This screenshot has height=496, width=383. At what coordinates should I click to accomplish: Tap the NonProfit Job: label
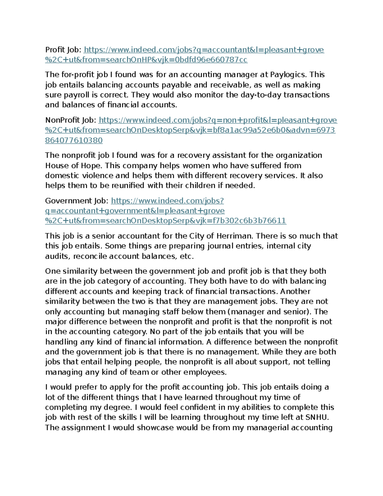pyautogui.click(x=71, y=120)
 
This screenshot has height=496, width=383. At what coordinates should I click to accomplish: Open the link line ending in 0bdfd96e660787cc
pyautogui.click(x=146, y=60)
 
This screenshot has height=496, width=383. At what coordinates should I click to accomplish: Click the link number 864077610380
pyautogui.click(x=74, y=141)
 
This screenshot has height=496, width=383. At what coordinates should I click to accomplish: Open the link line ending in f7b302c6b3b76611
pyautogui.click(x=165, y=221)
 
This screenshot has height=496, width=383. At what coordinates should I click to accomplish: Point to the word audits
pyautogui.click(x=57, y=256)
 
